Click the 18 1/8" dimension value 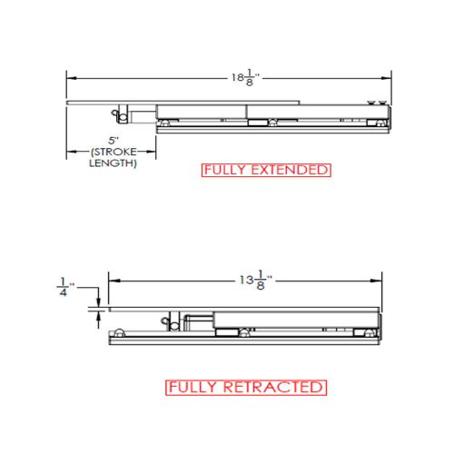click(x=243, y=77)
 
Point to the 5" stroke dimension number click(x=113, y=141)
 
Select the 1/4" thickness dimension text click(x=63, y=286)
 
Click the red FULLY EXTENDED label click(x=266, y=170)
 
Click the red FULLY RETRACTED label click(x=245, y=388)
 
